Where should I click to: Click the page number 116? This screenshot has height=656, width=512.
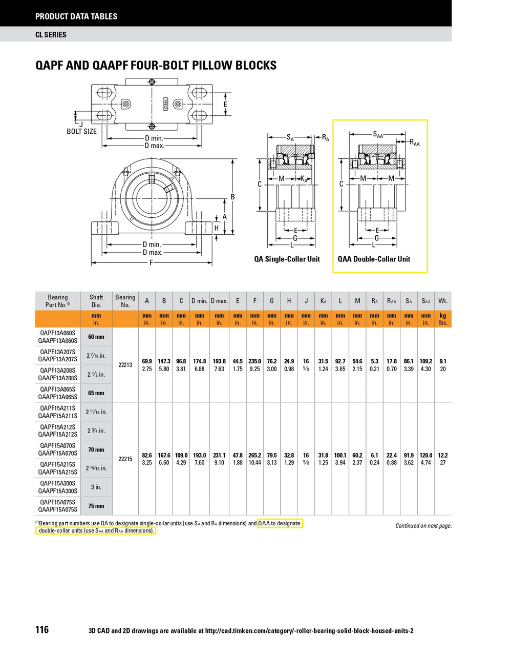coord(42,629)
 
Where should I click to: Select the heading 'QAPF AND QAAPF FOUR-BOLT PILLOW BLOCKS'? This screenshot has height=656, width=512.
coord(156,66)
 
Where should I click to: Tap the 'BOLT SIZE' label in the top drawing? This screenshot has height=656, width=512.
coord(81,132)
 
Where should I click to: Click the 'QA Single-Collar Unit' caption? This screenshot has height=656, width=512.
coord(287,259)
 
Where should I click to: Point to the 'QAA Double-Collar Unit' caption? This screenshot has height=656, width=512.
coord(374,259)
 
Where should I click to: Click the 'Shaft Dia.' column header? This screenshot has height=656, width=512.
coord(96,301)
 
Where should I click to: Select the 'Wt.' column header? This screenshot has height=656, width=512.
coord(442,301)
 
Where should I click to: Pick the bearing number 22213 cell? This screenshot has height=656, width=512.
coord(125,365)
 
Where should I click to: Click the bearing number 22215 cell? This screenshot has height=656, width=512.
coord(125,459)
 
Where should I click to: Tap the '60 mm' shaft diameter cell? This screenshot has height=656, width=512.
coord(96,337)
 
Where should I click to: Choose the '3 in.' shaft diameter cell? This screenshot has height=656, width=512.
coord(96,487)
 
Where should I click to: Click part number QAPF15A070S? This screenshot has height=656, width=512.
coord(57,446)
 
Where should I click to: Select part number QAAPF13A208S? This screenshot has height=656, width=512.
coord(57,378)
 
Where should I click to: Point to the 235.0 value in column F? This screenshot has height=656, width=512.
coord(254,361)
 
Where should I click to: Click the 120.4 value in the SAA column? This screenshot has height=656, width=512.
coord(425,455)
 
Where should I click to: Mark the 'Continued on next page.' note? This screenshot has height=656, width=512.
coord(423,526)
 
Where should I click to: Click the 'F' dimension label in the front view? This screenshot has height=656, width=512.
coord(152,263)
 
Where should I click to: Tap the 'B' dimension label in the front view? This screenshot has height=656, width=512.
coord(232,197)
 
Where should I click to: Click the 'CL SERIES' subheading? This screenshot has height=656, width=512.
coord(51,35)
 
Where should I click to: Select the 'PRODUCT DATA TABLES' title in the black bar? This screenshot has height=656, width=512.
coord(76,16)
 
